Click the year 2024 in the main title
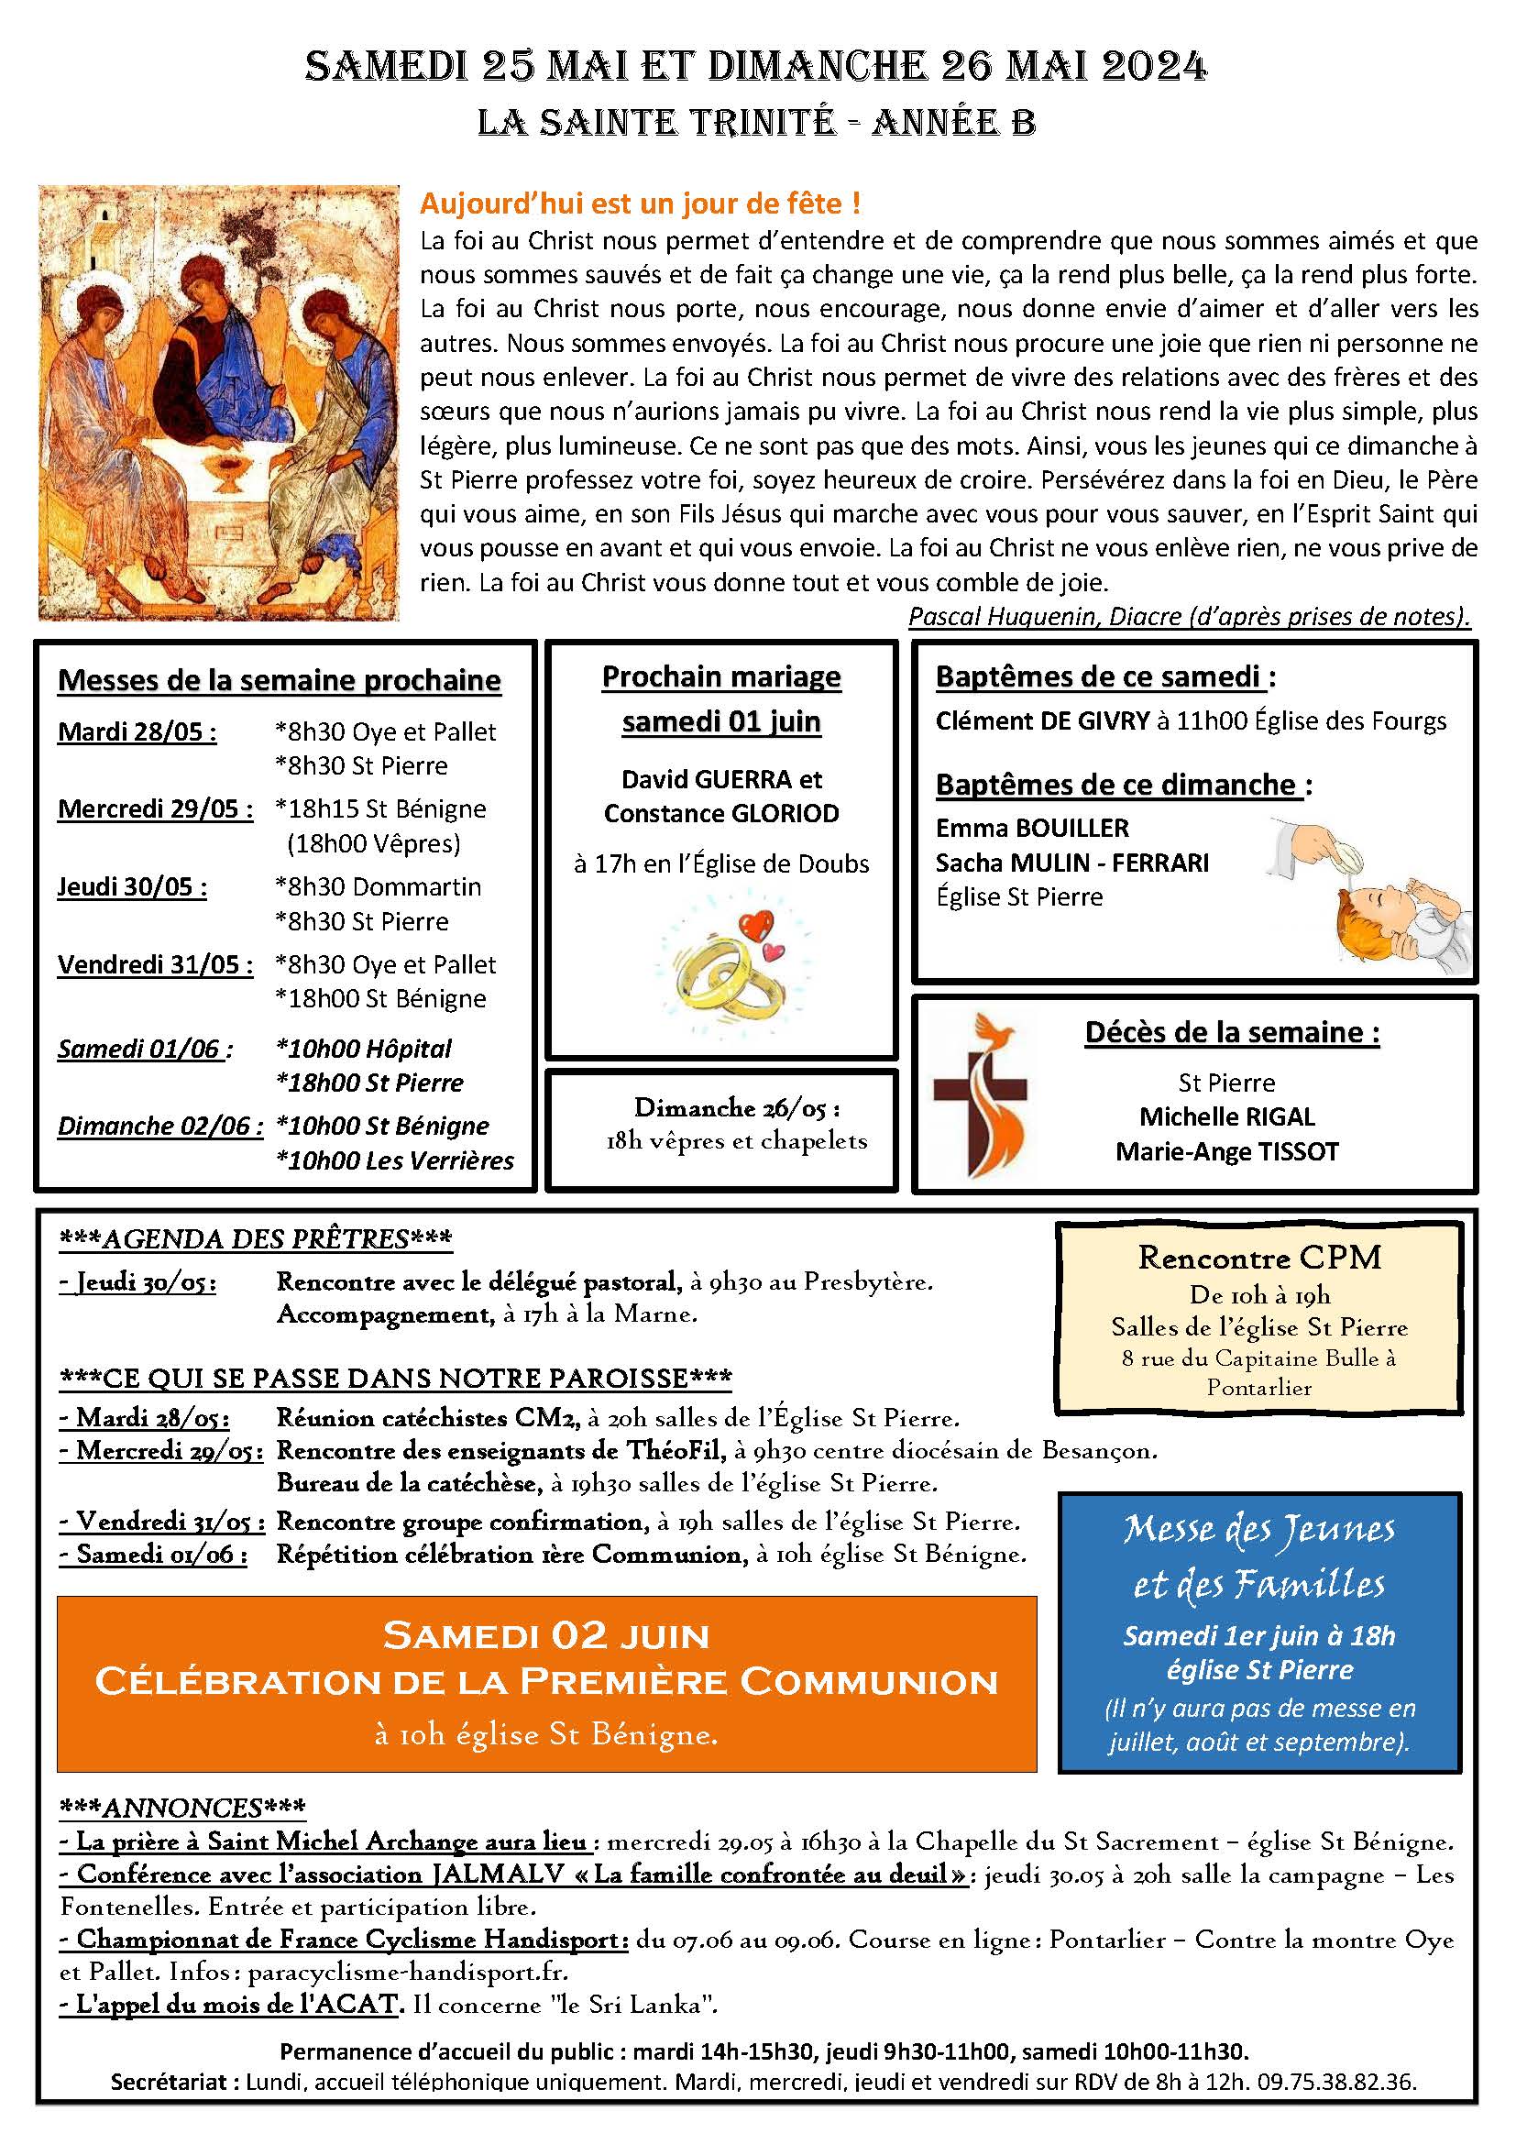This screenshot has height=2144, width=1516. [x=1154, y=67]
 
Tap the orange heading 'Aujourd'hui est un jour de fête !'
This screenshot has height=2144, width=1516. [x=640, y=203]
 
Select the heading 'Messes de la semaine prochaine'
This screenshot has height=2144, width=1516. [x=280, y=681]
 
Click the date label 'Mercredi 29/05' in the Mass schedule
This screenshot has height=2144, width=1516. [x=155, y=808]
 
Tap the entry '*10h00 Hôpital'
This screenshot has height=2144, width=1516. [x=364, y=1049]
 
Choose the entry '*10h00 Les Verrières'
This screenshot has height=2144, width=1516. [x=396, y=1160]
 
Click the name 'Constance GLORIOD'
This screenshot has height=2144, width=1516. [x=720, y=813]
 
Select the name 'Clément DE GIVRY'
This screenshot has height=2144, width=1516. [x=1042, y=720]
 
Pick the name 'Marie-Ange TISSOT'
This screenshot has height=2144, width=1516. [x=1226, y=1151]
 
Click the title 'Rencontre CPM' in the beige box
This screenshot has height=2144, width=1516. [x=1259, y=1258]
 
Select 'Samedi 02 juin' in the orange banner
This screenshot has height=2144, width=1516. [x=546, y=1636]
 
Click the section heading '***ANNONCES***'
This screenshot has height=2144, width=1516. [x=182, y=1808]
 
